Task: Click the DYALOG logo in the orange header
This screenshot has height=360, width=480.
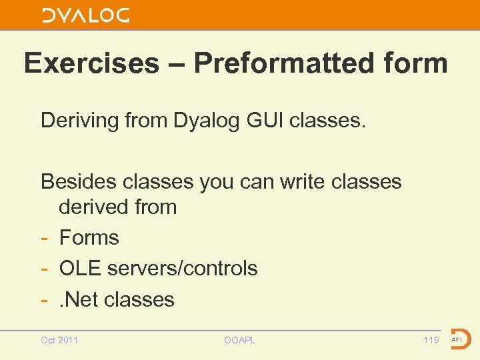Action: [x=86, y=15]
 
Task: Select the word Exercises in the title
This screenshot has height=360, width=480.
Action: [x=91, y=64]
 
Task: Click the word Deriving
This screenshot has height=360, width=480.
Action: [x=81, y=121]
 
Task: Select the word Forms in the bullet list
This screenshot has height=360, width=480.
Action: [x=89, y=237]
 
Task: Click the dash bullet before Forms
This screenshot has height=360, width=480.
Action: [x=45, y=238]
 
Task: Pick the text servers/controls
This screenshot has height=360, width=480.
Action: [x=183, y=268]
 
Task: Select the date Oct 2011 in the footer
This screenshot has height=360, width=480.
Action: [x=59, y=340]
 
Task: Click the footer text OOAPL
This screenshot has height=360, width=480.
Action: [x=240, y=340]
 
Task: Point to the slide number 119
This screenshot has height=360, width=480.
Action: [x=431, y=340]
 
